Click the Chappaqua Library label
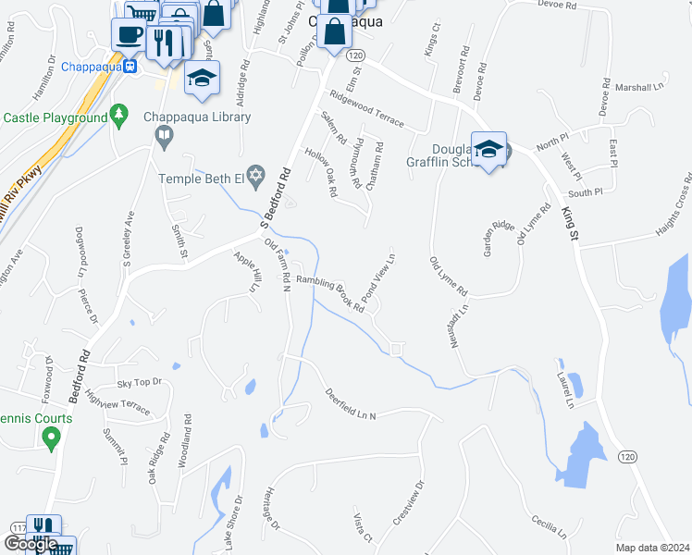point(197,117)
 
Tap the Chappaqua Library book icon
point(164,138)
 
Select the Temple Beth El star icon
point(257,175)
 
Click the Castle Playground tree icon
point(117,114)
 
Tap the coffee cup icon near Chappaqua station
point(128,36)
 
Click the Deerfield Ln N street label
point(351,403)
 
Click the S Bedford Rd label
point(276,198)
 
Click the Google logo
point(31,544)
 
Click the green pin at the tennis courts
point(52,437)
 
